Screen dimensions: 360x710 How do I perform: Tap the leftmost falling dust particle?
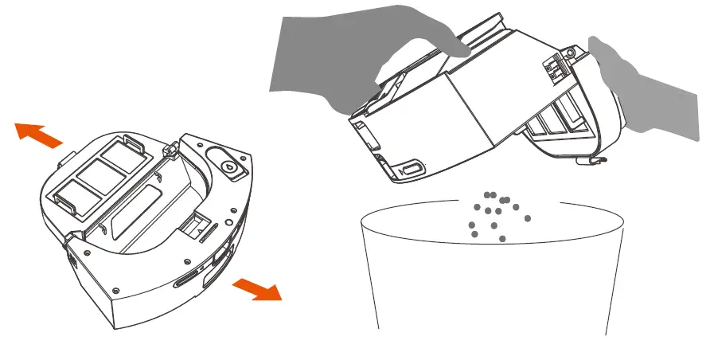click(x=473, y=234)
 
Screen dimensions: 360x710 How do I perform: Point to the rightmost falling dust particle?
click(x=527, y=217)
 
